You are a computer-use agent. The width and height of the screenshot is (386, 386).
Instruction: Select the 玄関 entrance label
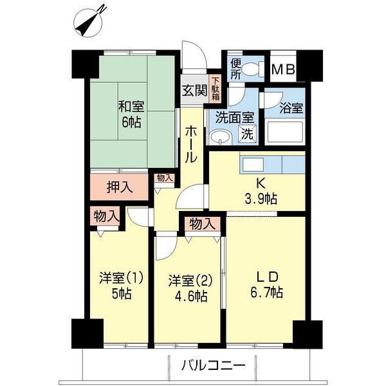click(194, 91)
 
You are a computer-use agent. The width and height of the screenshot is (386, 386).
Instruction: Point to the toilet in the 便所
click(253, 67)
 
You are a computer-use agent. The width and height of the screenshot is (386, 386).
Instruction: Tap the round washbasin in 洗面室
click(222, 137)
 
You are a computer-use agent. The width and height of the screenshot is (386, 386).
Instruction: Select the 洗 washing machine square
click(246, 134)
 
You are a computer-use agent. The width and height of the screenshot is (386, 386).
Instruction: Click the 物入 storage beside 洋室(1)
click(105, 216)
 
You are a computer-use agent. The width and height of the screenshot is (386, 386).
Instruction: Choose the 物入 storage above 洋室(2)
click(202, 223)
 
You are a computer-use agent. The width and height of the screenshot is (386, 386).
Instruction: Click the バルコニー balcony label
click(212, 366)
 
